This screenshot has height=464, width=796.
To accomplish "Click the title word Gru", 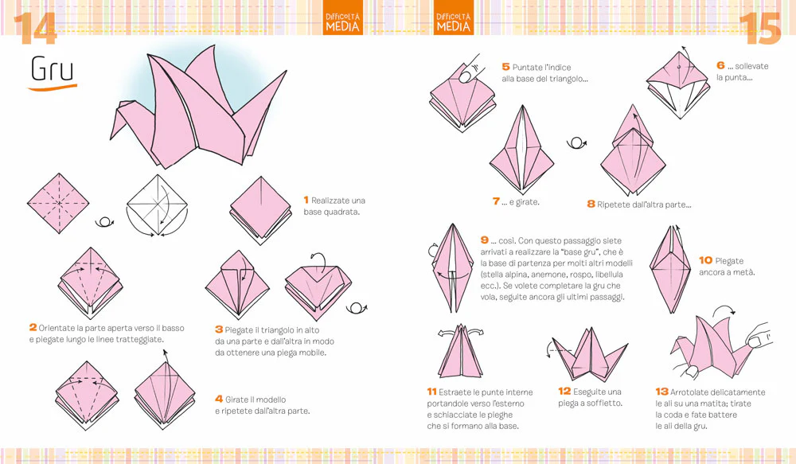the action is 52,69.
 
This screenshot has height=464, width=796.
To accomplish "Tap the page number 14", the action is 34,29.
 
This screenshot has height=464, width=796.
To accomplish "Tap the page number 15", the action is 759,29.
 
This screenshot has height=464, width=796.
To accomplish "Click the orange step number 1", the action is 306,200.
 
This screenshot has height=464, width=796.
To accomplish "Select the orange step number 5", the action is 505,67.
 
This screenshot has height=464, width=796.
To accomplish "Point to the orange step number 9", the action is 485,240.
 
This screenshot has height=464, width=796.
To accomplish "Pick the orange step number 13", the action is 661,392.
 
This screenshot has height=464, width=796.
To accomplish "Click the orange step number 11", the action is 431,392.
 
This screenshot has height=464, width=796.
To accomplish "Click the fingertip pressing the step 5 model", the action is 466,76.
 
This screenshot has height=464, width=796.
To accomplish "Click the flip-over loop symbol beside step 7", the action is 576,143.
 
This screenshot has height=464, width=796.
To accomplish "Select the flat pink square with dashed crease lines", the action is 58,204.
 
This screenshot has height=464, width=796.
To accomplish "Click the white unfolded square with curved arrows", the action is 158,205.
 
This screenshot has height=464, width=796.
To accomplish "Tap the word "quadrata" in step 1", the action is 342,212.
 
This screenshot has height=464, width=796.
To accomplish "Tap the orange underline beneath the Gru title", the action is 52,88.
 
